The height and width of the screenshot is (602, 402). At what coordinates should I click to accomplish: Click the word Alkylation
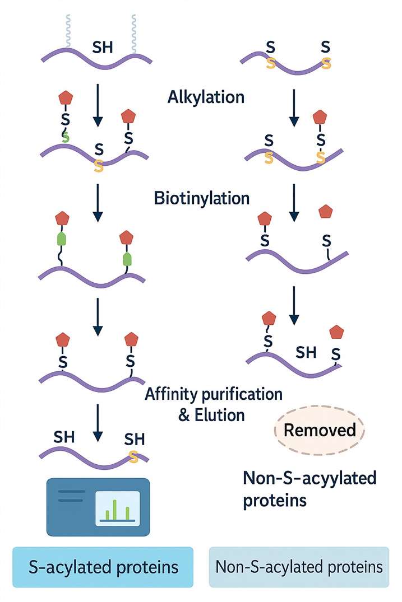pos(206,97)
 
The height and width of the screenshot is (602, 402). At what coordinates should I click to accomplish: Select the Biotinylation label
pos(201,198)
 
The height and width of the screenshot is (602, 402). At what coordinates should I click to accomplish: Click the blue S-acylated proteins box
pos(103,567)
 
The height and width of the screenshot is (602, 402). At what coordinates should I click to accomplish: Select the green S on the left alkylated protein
pos(66,136)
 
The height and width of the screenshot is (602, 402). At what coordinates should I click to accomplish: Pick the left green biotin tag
pos(62,239)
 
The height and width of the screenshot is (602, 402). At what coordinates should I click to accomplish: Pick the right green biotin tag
pos(127,259)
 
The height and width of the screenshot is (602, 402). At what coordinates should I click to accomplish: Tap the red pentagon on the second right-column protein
pos(320,117)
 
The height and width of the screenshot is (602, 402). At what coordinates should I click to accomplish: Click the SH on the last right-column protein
pos(306,352)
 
